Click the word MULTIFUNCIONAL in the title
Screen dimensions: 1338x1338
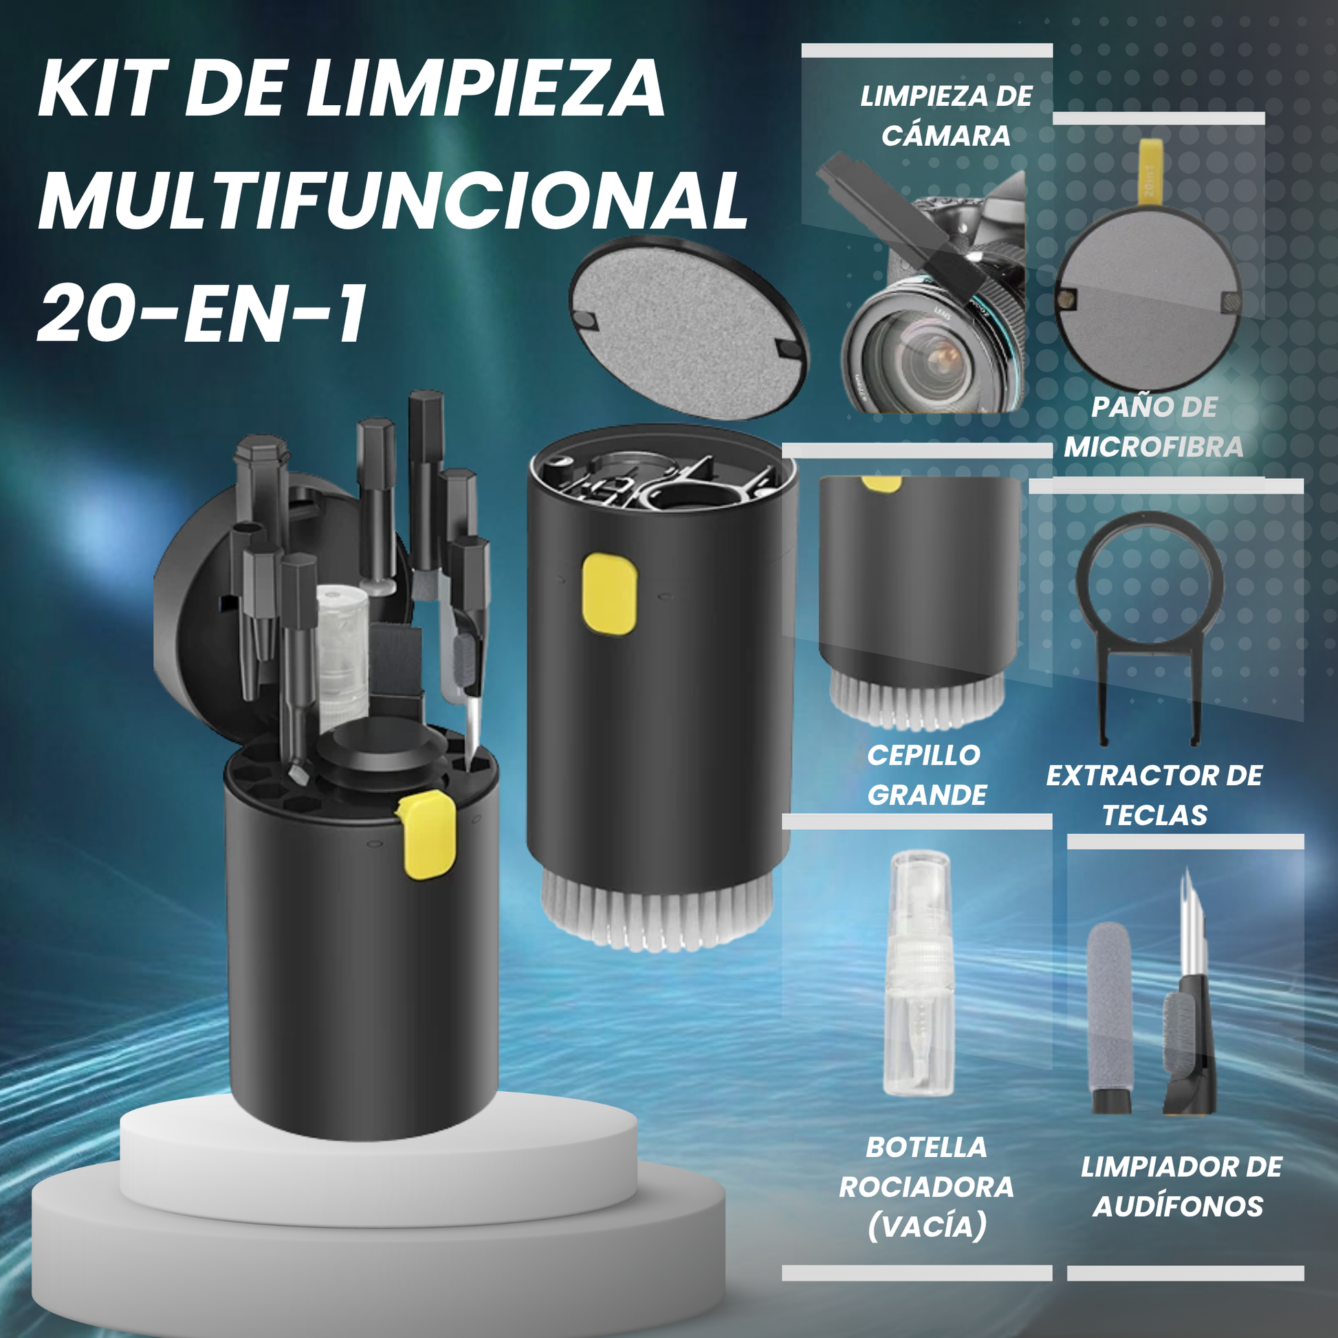pos(393,201)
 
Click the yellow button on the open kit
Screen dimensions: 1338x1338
pos(426,835)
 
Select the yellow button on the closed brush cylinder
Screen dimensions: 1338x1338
pos(608,593)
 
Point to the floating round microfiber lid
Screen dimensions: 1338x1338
pos(688,328)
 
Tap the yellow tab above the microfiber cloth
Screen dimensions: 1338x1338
pos(1149,172)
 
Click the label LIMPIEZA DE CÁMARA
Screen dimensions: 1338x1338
pos(946,116)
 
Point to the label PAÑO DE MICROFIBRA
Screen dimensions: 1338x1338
pos(1154,427)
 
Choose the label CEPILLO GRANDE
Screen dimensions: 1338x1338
pos(926,775)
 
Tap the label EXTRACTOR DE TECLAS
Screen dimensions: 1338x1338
pos(1154,795)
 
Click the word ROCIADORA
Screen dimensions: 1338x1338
pos(926,1187)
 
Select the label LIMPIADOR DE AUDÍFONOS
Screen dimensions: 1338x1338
pos(1181,1187)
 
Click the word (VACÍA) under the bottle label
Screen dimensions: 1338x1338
pos(926,1227)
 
